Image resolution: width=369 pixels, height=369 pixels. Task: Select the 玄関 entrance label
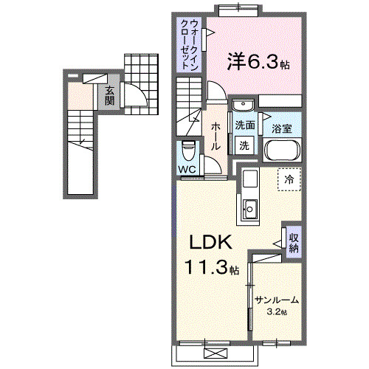[109, 95]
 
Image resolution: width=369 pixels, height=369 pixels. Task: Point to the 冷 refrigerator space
[289, 179]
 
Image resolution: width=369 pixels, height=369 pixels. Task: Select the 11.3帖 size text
[212, 269]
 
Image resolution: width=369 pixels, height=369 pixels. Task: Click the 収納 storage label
[293, 243]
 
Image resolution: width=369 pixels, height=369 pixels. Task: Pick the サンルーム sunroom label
[277, 300]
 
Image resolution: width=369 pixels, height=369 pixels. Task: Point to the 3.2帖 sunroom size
[277, 312]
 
